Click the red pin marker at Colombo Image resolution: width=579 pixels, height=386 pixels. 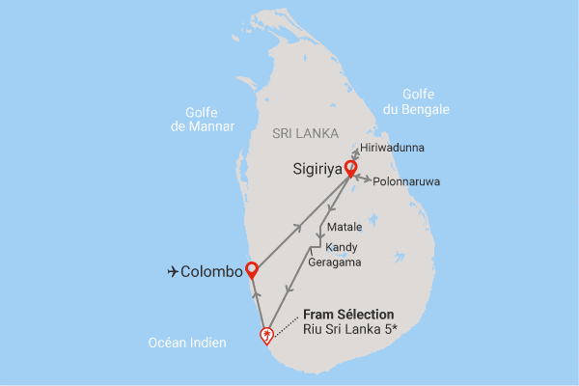pyautogui.click(x=252, y=269)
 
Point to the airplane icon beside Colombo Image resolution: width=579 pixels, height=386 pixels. pyautogui.click(x=175, y=272)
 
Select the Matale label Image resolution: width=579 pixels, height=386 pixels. pyautogui.click(x=345, y=228)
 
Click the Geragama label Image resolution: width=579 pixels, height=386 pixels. pyautogui.click(x=335, y=262)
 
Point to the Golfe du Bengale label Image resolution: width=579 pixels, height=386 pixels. pyautogui.click(x=416, y=101)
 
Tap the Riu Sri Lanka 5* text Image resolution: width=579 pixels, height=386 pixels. pyautogui.click(x=349, y=331)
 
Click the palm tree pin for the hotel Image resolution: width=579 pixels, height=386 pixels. pyautogui.click(x=266, y=335)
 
